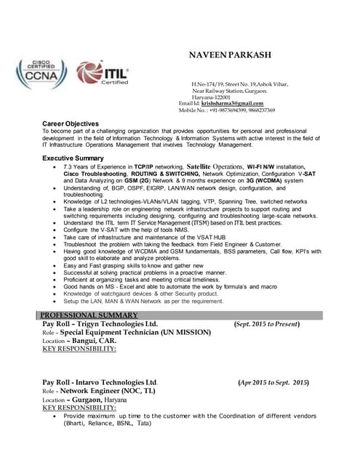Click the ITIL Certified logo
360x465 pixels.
[x=103, y=73]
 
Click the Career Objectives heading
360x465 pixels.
[x=71, y=124]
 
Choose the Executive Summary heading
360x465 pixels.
[x=73, y=158]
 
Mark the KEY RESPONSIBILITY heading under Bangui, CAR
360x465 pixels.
[x=79, y=349]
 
